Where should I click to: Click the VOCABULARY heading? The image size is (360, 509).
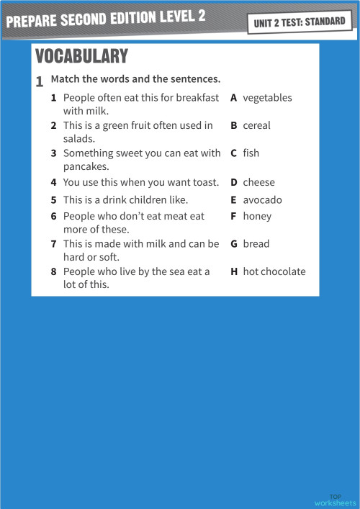[81, 56]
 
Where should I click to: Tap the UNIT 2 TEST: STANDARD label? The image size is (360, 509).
[300, 22]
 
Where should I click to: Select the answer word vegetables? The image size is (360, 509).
[267, 98]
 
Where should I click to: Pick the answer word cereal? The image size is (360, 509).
[256, 125]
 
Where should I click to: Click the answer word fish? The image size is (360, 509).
[251, 153]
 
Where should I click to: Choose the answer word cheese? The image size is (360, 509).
[258, 183]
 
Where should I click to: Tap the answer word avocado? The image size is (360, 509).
[262, 200]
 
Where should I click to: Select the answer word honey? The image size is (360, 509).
[257, 216]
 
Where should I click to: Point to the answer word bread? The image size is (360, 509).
[256, 244]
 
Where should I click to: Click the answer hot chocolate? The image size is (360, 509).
[274, 271]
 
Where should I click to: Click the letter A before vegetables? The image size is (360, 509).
[234, 98]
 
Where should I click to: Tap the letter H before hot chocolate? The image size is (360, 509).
[234, 271]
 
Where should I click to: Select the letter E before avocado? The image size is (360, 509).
[234, 200]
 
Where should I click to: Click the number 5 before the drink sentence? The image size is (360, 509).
[54, 200]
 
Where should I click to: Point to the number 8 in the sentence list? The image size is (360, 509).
[54, 271]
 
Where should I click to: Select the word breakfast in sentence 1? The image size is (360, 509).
[197, 98]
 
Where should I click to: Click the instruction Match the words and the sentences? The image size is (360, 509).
[135, 78]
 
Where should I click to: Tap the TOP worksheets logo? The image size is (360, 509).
[336, 500]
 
